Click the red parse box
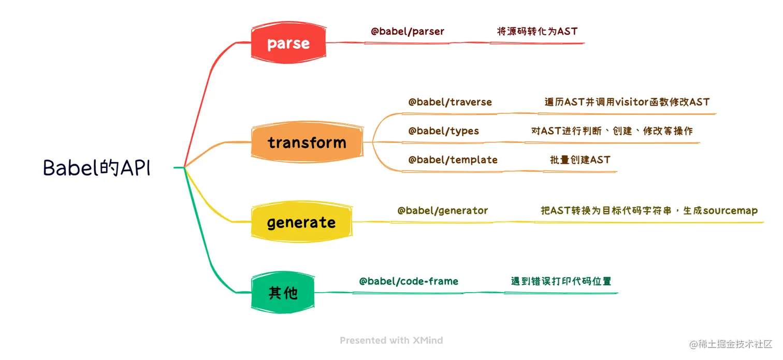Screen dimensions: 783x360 tap(288, 42)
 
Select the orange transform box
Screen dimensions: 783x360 tap(307, 142)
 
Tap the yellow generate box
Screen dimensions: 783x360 tap(301, 222)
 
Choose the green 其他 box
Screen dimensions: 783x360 tap(283, 293)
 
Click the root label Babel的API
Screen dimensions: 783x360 tap(97, 167)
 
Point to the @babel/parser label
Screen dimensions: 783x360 tap(407, 32)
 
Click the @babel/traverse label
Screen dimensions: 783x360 tap(450, 102)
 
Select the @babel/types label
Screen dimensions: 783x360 tap(443, 131)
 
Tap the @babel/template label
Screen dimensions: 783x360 tap(453, 160)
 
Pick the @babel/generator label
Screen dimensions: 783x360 tap(443, 210)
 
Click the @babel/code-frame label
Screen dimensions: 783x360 tap(408, 281)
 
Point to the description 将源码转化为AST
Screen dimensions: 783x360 tap(537, 32)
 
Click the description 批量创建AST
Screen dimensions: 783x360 tap(580, 160)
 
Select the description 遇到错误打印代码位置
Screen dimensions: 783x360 tap(561, 281)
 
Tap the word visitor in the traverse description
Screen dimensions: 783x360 tap(632, 102)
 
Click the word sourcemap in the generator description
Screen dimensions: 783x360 tap(731, 211)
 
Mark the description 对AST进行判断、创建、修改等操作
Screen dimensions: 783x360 tap(612, 131)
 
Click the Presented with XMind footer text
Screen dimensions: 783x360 tap(391, 340)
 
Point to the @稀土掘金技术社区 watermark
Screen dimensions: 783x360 tap(731, 344)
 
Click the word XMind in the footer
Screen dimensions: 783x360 tap(428, 340)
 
